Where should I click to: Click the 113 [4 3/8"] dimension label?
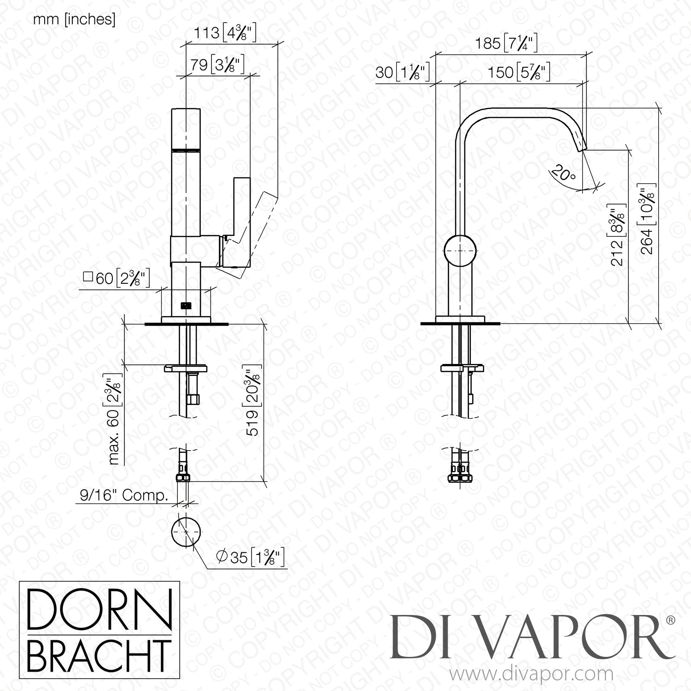coord(224,33)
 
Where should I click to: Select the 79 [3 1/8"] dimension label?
coord(217,65)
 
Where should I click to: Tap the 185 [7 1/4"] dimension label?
coord(506,44)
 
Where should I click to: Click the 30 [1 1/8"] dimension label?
coord(403,72)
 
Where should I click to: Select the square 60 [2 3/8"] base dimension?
coord(116,278)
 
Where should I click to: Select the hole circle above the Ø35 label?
coord(187,531)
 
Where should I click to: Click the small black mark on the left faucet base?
coord(186,305)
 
